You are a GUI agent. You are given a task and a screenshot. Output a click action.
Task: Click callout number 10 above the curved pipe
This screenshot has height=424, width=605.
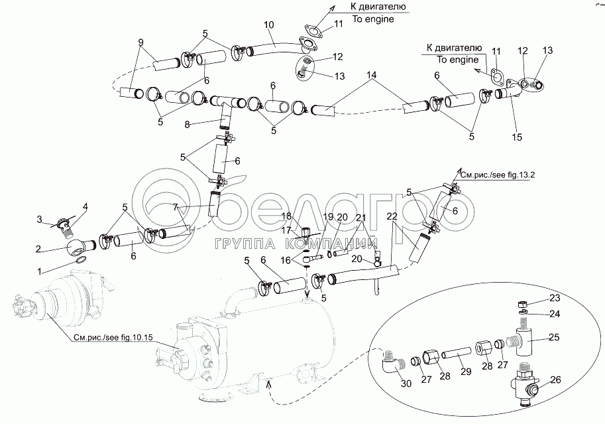[x=268, y=25]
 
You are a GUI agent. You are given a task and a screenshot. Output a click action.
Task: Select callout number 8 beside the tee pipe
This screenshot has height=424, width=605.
[x=188, y=124]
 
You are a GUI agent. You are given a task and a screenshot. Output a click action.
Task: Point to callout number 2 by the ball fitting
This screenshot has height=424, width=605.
[x=39, y=249]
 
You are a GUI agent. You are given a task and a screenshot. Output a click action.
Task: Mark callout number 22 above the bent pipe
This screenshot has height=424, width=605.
[x=392, y=216]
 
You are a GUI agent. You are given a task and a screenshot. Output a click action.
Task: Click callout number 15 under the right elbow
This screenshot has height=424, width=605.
[x=517, y=137]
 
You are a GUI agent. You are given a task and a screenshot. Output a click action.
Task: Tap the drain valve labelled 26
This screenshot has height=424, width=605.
[x=527, y=386]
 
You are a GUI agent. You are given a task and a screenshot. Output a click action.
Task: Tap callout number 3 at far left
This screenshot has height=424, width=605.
[x=39, y=218]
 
